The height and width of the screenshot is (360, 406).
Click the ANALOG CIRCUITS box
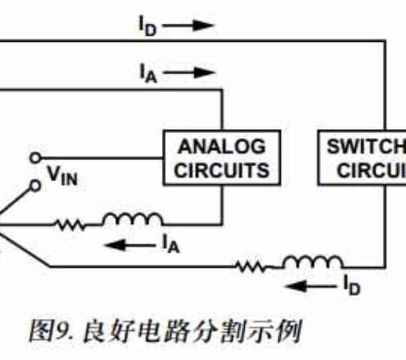tap(222, 157)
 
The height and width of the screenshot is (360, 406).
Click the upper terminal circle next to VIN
tap(35, 157)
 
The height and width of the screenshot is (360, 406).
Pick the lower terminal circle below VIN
tap(35, 185)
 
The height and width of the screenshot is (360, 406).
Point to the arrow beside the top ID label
tap(193, 26)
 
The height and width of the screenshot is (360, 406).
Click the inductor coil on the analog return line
tap(133, 219)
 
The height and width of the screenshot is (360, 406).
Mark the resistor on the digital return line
tap(252, 267)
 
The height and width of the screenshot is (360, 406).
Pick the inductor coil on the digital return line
tap(313, 262)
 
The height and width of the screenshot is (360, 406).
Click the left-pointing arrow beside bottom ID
tap(309, 286)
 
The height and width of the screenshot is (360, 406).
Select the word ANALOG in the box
tap(222, 146)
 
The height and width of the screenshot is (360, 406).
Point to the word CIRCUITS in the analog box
tap(222, 170)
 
